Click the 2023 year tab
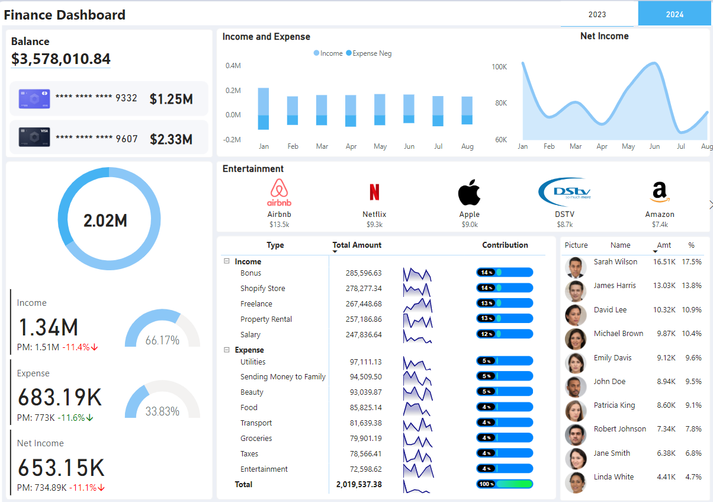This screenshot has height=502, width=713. [598, 14]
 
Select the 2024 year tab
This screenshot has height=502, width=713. [675, 14]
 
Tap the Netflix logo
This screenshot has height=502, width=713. [374, 192]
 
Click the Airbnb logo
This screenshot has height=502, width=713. [278, 193]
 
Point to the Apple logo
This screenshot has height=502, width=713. [469, 193]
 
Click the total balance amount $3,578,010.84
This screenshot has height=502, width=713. [61, 59]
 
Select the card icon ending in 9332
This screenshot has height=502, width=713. [34, 98]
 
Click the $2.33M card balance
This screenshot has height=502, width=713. [171, 139]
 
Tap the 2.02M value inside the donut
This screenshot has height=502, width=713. [105, 220]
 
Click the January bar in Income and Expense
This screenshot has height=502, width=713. [264, 108]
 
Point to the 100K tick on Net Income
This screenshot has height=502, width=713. [499, 67]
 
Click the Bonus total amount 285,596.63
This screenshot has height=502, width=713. [364, 273]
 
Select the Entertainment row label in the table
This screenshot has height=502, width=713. [264, 469]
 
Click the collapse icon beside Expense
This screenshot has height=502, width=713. [227, 350]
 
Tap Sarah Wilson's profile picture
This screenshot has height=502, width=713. [575, 267]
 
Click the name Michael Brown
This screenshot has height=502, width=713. [618, 334]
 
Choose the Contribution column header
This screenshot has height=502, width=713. [505, 245]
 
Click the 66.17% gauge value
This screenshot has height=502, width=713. [162, 340]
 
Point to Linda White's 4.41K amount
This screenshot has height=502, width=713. [664, 477]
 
